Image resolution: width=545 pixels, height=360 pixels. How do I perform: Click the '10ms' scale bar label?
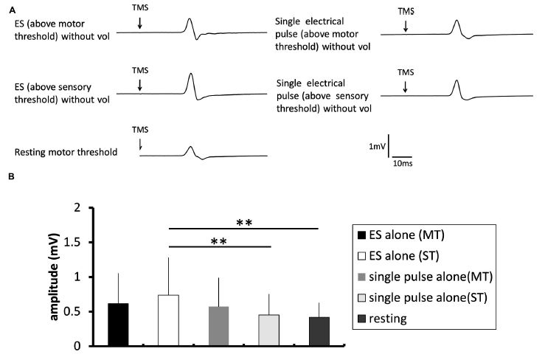402,162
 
